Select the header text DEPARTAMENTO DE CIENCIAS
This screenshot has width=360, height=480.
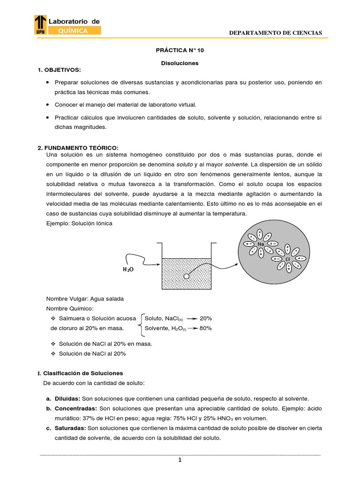tap(275, 33)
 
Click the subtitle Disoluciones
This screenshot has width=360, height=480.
tap(180, 63)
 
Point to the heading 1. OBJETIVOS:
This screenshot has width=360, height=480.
tap(59, 70)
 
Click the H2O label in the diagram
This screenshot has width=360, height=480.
tap(128, 270)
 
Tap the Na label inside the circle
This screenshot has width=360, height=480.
tap(261, 244)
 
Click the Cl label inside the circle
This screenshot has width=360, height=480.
tap(288, 259)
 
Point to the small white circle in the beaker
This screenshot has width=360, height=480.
tap(187, 276)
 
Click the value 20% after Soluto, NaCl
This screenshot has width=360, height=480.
tap(206, 318)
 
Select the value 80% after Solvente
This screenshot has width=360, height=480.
tap(206, 328)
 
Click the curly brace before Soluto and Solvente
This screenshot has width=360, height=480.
tap(140, 323)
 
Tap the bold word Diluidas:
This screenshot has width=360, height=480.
tap(66, 398)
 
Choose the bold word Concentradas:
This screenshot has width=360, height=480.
tap(74, 408)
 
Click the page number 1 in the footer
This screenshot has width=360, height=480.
tap(180, 460)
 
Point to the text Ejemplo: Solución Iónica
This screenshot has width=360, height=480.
tap(79, 223)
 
